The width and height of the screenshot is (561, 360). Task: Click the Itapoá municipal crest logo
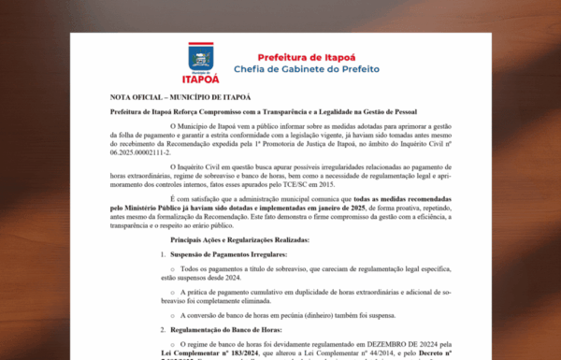[203, 57]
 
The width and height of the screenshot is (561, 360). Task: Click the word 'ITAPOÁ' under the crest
[204, 78]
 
